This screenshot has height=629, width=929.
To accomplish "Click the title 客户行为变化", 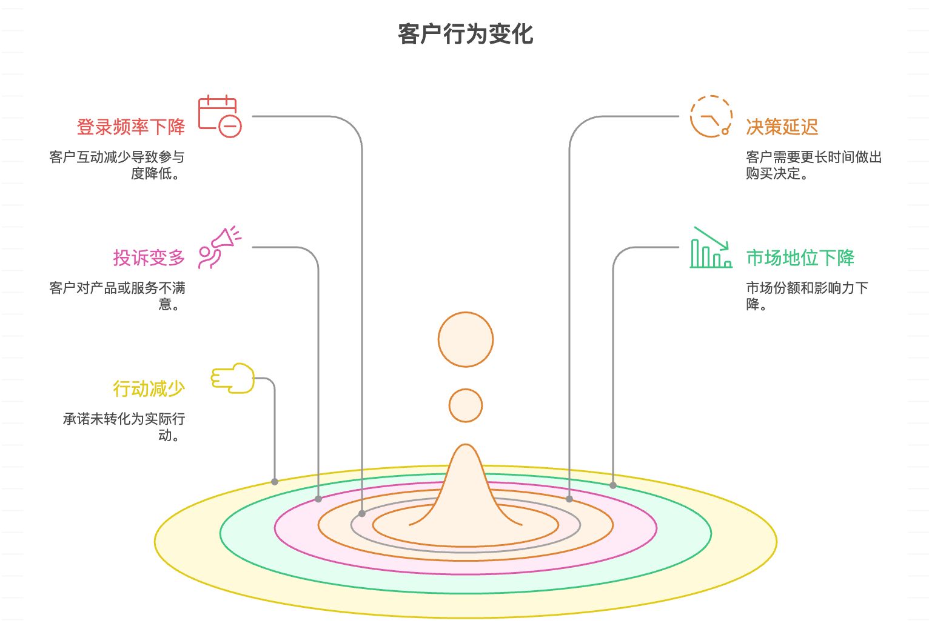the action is coord(465,34).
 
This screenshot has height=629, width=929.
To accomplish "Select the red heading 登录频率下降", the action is coord(131,127).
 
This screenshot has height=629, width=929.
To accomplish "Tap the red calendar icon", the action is coord(220,116).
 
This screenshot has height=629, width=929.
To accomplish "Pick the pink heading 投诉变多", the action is coord(149,258).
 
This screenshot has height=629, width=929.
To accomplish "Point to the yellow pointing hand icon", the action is coord(232,378).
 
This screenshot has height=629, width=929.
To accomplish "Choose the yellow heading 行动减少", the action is coord(149,388).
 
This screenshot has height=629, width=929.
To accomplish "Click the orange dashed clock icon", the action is coord(711,116).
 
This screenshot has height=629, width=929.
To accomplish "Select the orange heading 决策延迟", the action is coord(782,127).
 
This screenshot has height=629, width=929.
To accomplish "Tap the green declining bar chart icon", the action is coord(711,248).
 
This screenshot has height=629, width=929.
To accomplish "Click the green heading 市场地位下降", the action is coord(800,258).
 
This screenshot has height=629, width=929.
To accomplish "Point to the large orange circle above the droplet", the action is coord(466,339).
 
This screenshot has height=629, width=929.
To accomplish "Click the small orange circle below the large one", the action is coord(466,405).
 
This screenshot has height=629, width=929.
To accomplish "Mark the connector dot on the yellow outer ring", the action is coord(275,482).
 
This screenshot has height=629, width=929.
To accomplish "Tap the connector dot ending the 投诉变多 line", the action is coord(318,499).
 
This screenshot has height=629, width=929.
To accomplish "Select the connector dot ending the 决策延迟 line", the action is coord(569,499).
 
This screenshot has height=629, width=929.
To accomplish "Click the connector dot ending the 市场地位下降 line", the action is coord(613,485).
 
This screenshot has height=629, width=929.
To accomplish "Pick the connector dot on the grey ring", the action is coord(362,513).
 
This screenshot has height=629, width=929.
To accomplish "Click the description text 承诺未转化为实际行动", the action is coord(124,427).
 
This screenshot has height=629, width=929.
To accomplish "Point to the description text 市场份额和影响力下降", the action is coord(807,296).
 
